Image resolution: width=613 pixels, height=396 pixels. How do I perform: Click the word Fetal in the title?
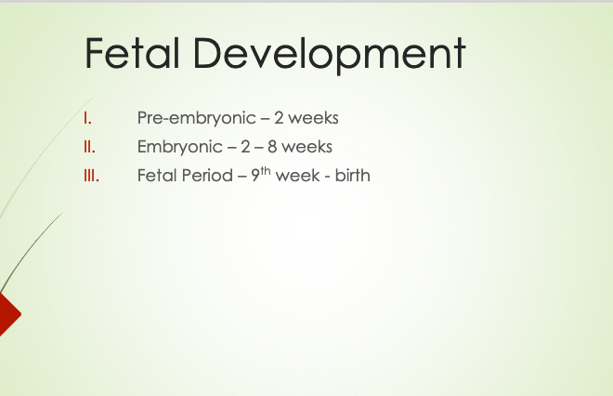[x=132, y=53]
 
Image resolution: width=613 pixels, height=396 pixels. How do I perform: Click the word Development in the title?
[x=330, y=55]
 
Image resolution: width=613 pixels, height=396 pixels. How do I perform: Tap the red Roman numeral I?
[x=87, y=118]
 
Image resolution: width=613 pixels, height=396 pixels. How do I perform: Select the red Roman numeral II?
[x=89, y=147]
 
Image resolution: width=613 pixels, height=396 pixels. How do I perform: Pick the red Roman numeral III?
[x=91, y=176]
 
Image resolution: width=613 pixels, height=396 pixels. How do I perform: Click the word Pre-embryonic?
[x=197, y=118]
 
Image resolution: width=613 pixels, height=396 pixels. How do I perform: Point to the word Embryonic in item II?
[x=180, y=147]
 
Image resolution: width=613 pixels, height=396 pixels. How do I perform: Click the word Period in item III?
[x=207, y=176]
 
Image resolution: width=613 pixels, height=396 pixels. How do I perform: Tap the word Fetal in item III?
[x=157, y=176]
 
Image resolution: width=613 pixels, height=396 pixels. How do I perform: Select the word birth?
[x=352, y=176]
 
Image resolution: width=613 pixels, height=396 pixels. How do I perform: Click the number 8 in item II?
[x=272, y=147]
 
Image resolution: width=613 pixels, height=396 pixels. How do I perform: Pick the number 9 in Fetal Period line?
[x=255, y=176]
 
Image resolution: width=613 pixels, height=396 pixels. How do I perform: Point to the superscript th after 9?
[x=266, y=171]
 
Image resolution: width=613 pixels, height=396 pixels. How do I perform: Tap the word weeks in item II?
[x=306, y=147]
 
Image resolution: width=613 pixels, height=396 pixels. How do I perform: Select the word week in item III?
[x=297, y=176]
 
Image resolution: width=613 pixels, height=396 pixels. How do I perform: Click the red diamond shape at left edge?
[x=8, y=314]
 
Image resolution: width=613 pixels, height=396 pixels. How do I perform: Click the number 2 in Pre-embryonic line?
[x=279, y=118]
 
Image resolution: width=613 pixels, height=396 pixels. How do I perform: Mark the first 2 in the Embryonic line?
[x=245, y=147]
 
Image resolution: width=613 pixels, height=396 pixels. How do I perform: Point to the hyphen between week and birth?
[x=327, y=177]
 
